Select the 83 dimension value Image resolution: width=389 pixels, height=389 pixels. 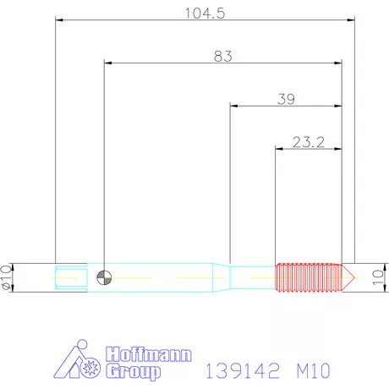tap(222, 56)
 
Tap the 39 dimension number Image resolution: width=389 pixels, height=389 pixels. tap(286, 99)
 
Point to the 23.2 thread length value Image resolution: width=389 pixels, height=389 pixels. tap(309, 141)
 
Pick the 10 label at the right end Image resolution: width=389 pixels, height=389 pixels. tap(378, 277)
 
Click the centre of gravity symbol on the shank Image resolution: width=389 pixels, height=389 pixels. tap(102, 277)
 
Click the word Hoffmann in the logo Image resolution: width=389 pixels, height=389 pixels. tap(148, 353)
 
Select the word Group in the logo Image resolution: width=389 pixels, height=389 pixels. tap(134, 370)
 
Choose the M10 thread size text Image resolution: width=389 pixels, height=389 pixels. tap(311, 370)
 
